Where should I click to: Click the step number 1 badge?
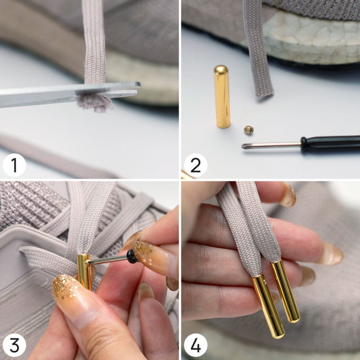click(x=14, y=165)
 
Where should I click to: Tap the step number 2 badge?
click(x=196, y=165)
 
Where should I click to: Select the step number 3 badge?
click(x=14, y=345)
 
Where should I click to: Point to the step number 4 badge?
click(x=196, y=345)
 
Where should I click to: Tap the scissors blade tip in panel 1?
click(x=139, y=84)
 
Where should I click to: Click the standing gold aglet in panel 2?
click(x=222, y=96)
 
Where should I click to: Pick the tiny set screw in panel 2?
click(x=249, y=130)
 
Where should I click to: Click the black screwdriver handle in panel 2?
click(x=330, y=144)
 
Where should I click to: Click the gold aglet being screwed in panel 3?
click(x=85, y=272)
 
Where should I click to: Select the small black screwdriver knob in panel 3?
click(x=131, y=256)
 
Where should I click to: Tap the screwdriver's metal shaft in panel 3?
click(x=107, y=261)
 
